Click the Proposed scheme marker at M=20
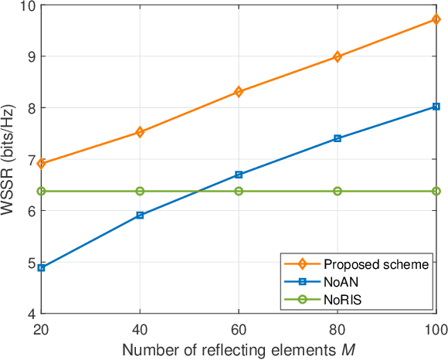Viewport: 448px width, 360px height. click(41, 163)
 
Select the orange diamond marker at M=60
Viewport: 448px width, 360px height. click(239, 92)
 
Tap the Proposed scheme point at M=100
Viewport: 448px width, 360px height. click(436, 19)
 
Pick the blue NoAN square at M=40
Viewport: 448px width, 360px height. click(140, 216)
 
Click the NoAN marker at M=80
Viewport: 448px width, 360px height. click(338, 138)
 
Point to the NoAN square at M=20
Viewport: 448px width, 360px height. click(41, 268)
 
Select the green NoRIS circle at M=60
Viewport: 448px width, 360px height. click(239, 191)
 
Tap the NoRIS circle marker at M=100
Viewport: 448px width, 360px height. click(436, 191)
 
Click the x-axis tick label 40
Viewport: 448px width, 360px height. click(140, 328)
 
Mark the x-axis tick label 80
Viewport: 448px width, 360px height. click(338, 328)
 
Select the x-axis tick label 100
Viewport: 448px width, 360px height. click(435, 328)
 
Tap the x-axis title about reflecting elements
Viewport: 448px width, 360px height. click(239, 349)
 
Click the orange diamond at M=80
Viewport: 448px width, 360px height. click(338, 56)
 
